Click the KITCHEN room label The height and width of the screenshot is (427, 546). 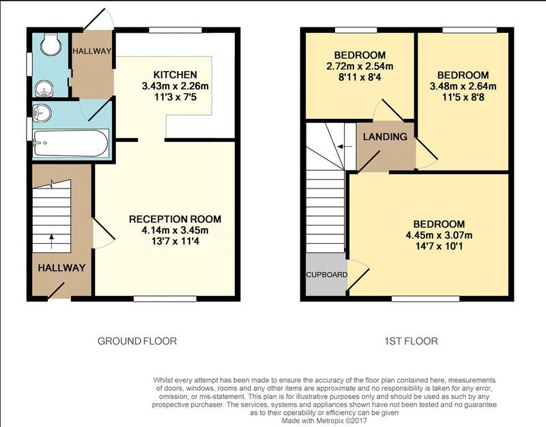click(x=175, y=74)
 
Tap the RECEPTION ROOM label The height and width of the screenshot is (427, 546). click(x=175, y=219)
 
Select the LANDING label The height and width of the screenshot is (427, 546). click(x=385, y=137)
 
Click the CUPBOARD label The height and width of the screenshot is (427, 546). click(x=327, y=275)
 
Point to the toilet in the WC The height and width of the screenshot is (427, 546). click(x=51, y=44)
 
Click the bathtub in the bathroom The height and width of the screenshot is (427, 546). click(x=70, y=143)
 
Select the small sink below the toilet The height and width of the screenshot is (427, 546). click(x=44, y=88)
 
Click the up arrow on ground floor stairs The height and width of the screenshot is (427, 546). click(x=52, y=241)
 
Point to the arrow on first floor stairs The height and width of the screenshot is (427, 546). click(x=345, y=147)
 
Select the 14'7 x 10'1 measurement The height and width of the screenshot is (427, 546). click(x=439, y=247)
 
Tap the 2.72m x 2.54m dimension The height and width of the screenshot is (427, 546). click(x=360, y=66)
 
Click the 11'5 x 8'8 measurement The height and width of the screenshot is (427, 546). click(x=463, y=97)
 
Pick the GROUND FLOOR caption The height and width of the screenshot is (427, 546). click(x=137, y=341)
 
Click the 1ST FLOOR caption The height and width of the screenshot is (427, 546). click(x=412, y=341)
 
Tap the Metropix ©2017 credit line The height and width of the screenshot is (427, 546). click(x=324, y=421)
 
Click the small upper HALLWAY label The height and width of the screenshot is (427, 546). click(x=92, y=51)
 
